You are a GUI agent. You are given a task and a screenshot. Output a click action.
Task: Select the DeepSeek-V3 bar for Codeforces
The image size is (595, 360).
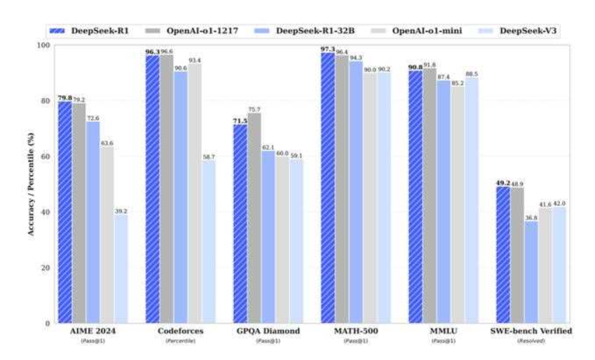click(x=209, y=242)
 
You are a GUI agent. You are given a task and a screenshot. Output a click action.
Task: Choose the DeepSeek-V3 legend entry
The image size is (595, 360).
click(x=510, y=31)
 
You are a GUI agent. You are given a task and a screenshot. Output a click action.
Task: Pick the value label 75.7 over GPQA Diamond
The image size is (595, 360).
click(x=254, y=109)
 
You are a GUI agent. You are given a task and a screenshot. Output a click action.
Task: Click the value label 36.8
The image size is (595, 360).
click(x=531, y=217)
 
